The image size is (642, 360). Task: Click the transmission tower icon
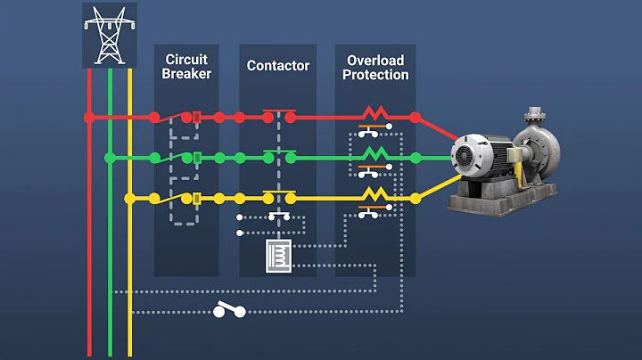pyautogui.click(x=106, y=35)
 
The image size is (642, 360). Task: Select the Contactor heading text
pyautogui.click(x=278, y=65)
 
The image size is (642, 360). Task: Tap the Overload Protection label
pyautogui.click(x=374, y=67)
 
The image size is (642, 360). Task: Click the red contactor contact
pyautogui.click(x=278, y=114)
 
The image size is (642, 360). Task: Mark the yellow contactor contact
pyautogui.click(x=278, y=195)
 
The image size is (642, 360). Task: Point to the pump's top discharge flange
pyautogui.click(x=536, y=114)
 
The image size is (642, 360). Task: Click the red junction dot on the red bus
pyautogui.click(x=88, y=117)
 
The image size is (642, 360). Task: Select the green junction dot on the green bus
pyautogui.click(x=109, y=158)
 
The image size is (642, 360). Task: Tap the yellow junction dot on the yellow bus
pyautogui.click(x=130, y=198)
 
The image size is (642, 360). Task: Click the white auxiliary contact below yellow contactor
pyautogui.click(x=278, y=217)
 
